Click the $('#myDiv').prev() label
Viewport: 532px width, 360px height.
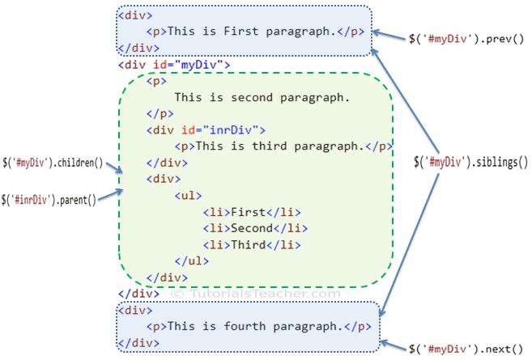click(467, 39)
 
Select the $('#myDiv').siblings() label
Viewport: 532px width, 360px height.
click(470, 161)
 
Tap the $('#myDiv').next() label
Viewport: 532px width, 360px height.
click(466, 349)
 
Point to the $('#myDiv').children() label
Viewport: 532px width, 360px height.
click(54, 163)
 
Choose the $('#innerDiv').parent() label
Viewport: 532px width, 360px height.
click(49, 198)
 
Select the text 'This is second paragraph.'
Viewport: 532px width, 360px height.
click(262, 98)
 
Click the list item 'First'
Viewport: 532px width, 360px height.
click(247, 212)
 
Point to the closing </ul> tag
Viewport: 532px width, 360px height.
click(192, 260)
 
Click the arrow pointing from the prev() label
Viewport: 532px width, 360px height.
click(393, 38)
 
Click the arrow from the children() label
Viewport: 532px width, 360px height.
click(114, 168)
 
